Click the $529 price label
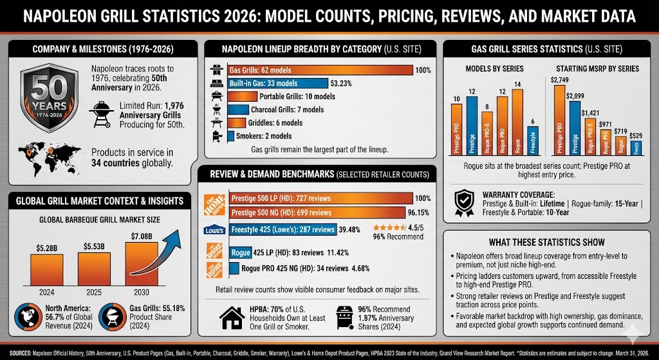click(x=635, y=136)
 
